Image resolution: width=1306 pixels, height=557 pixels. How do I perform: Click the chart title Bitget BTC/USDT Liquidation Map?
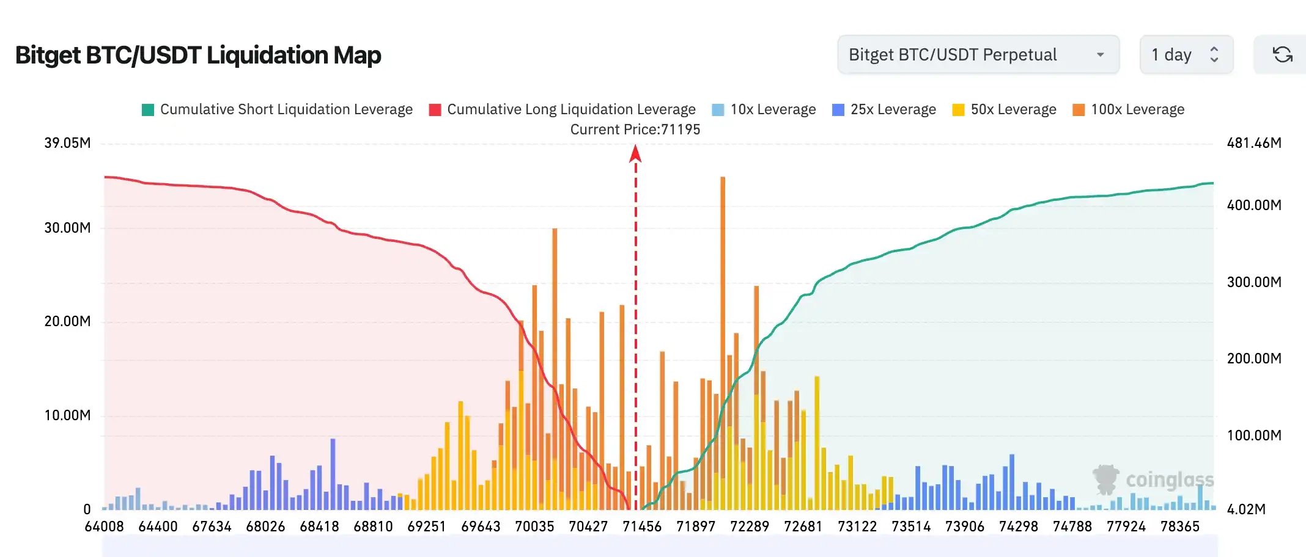pyautogui.click(x=198, y=55)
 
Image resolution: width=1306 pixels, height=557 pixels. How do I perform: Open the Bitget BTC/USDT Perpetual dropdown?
pyautogui.click(x=978, y=55)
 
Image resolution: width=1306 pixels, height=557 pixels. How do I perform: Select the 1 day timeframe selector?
pyautogui.click(x=1186, y=55)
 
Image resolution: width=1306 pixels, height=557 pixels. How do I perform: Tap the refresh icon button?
pyautogui.click(x=1282, y=55)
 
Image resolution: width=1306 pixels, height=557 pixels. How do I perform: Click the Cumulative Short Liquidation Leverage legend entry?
pyautogui.click(x=277, y=109)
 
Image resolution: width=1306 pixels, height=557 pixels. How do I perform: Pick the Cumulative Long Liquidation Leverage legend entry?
pyautogui.click(x=563, y=109)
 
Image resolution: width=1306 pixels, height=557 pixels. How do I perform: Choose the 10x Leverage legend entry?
pyautogui.click(x=764, y=109)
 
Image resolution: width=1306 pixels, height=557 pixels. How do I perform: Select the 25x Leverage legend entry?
pyautogui.click(x=884, y=109)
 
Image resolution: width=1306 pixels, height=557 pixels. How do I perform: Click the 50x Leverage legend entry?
pyautogui.click(x=1005, y=109)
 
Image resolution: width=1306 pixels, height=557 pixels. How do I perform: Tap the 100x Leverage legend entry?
pyautogui.click(x=1129, y=109)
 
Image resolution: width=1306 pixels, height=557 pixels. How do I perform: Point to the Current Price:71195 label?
pyautogui.click(x=635, y=129)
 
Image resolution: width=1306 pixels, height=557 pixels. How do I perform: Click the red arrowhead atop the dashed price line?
pyautogui.click(x=635, y=153)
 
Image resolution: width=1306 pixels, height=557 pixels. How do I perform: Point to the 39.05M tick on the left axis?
pyautogui.click(x=67, y=143)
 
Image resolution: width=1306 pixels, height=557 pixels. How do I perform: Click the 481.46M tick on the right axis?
pyautogui.click(x=1254, y=143)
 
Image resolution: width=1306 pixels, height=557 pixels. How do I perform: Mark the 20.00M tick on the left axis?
pyautogui.click(x=67, y=321)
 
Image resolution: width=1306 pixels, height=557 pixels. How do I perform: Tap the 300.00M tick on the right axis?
pyautogui.click(x=1254, y=282)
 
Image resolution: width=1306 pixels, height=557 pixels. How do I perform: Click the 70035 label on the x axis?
pyautogui.click(x=534, y=526)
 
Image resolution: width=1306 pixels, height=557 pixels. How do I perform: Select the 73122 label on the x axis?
pyautogui.click(x=857, y=526)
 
